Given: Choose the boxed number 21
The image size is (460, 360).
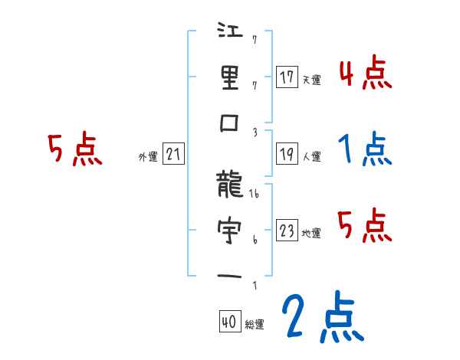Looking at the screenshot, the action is pos(173,155).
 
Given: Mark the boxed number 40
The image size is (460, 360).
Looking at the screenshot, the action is pos(229,322).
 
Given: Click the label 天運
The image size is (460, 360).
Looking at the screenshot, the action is pos(311,80).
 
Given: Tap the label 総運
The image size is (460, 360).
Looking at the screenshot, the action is pos(255,325).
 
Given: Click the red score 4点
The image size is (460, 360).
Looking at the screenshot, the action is pos(366,74).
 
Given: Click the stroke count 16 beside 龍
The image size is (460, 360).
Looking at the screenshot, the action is pos(255,195).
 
